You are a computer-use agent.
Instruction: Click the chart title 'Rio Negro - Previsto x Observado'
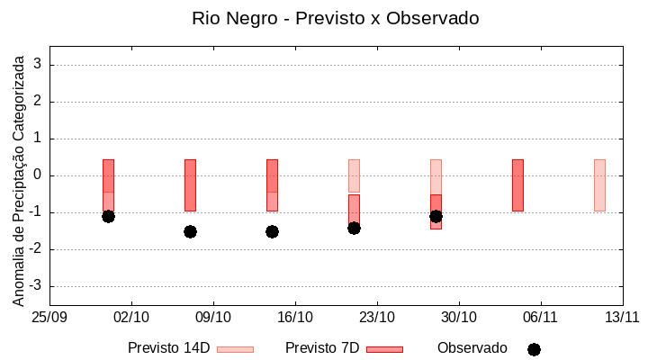[x=335, y=18]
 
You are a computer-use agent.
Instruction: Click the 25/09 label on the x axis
[x=49, y=317]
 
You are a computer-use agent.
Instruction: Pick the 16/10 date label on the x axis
[x=295, y=317]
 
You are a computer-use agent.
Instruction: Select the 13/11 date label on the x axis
[x=622, y=317]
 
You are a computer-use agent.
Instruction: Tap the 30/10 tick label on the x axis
[x=459, y=317]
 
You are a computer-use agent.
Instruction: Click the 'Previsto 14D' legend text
[x=168, y=348]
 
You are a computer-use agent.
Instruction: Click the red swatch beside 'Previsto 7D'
[x=384, y=349]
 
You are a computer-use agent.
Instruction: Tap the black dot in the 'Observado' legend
[x=534, y=349]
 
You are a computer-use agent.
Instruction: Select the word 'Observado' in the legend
[x=472, y=348]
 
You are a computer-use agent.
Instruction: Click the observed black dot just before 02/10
[x=108, y=216]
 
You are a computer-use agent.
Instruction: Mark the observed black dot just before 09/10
[x=190, y=231]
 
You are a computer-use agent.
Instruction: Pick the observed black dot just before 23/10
[x=354, y=228]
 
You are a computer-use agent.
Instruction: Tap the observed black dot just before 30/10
[x=436, y=216]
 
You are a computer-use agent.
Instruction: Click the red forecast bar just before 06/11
[x=517, y=184]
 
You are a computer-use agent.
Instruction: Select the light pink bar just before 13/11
[x=599, y=184]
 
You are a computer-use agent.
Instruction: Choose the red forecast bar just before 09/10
[x=190, y=184]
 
